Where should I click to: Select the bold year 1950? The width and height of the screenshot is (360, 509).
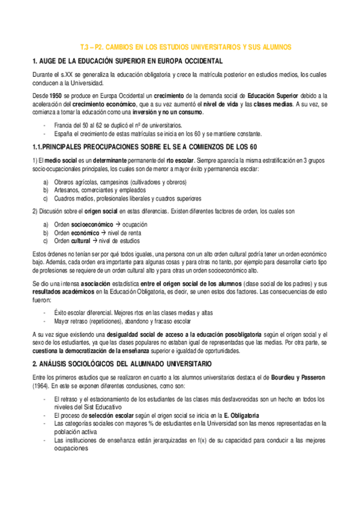coord(55,95)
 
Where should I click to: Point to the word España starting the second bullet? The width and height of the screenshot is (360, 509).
coord(62,133)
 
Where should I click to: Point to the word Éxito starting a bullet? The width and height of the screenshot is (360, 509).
coord(61,313)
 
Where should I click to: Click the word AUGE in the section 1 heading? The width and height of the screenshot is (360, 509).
coord(47,61)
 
